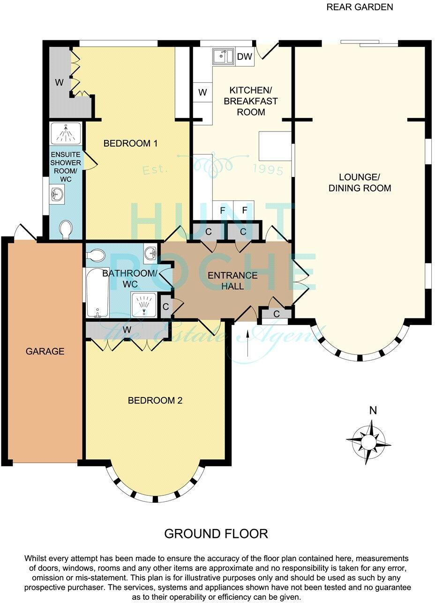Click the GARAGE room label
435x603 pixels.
[45, 351]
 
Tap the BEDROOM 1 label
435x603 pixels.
[130, 144]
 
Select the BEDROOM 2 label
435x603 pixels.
[155, 400]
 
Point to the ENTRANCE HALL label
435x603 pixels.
[232, 280]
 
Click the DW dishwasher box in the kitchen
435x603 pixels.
[245, 57]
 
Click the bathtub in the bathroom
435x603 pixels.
[97, 292]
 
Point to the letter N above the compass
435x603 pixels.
[373, 411]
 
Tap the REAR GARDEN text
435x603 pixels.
[360, 7]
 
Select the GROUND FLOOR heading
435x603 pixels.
[216, 533]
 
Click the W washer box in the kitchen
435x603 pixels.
[202, 92]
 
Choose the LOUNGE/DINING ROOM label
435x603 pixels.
[360, 183]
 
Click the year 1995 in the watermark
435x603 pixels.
[268, 169]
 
